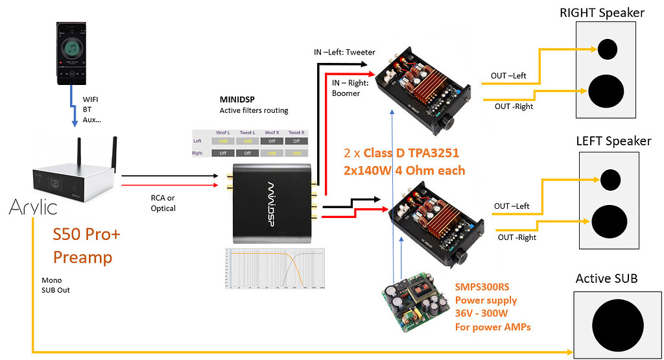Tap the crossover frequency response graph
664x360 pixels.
tap(274, 268)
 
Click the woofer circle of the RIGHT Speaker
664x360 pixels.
tap(607, 90)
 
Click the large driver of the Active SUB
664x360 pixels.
tap(613, 322)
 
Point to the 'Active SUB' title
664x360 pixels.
tap(606, 278)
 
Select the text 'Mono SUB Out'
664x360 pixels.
tap(55, 285)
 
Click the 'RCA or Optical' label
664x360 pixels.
tap(163, 203)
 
